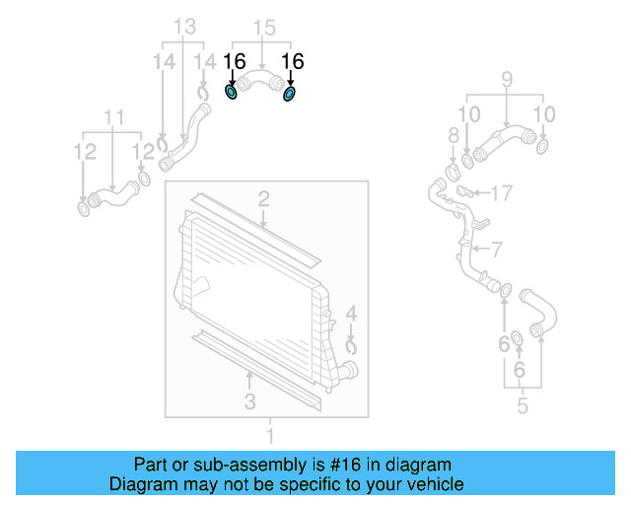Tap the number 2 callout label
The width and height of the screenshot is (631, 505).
click(264, 200)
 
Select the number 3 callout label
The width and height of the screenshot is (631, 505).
click(250, 400)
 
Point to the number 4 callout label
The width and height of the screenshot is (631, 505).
click(352, 318)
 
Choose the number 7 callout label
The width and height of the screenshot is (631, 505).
click(497, 250)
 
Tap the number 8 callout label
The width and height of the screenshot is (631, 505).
click(454, 135)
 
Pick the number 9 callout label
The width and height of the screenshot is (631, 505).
click(507, 78)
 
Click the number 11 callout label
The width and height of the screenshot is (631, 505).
click(115, 118)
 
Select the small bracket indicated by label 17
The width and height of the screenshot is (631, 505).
click(467, 191)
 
